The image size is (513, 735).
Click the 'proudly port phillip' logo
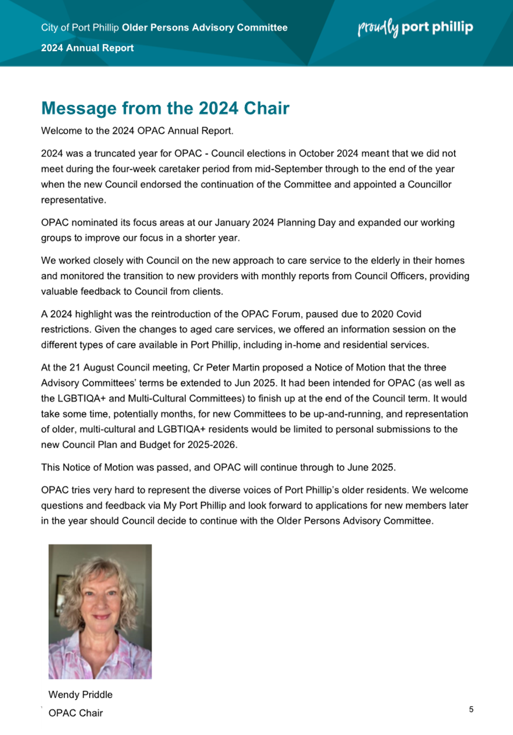[415, 27]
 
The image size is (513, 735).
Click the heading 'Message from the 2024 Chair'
[165, 108]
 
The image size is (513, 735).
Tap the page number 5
[471, 709]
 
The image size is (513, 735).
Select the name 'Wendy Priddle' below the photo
[80, 694]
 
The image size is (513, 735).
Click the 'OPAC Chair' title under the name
[76, 713]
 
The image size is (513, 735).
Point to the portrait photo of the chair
[100, 612]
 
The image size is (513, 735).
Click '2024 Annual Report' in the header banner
[87, 48]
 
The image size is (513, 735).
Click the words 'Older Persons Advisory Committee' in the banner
[204, 27]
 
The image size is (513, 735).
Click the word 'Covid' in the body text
[409, 314]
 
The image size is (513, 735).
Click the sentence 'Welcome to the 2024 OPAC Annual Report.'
[137, 131]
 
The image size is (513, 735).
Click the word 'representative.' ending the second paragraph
[74, 200]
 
